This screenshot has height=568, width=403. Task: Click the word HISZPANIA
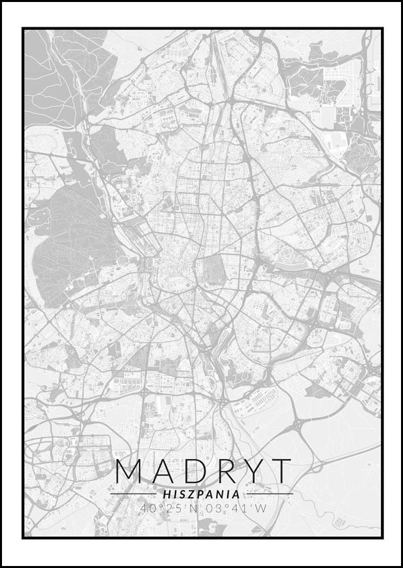coord(201,494)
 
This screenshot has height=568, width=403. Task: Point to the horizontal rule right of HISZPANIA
coord(269,494)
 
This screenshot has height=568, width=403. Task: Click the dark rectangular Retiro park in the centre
coord(214,271)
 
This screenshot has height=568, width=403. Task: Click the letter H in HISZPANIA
coord(166,494)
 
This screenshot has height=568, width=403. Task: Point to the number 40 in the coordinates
coord(148,509)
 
